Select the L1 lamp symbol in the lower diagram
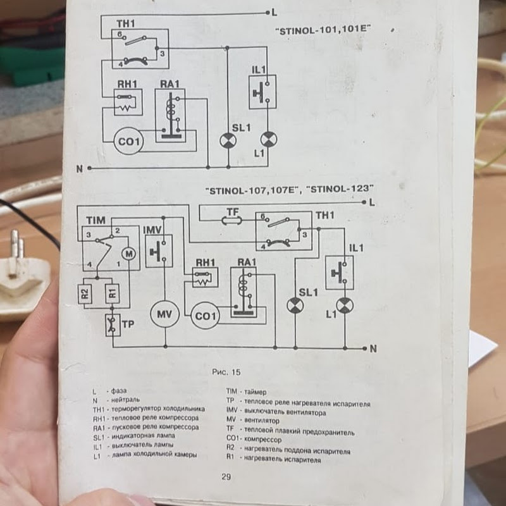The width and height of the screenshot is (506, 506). coord(344,306)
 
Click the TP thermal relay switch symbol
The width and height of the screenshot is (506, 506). coord(113,325)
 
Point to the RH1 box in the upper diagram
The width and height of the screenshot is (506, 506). coord(127,102)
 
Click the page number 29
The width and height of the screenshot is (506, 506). coord(226,477)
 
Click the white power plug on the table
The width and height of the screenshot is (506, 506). coord(22,278)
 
